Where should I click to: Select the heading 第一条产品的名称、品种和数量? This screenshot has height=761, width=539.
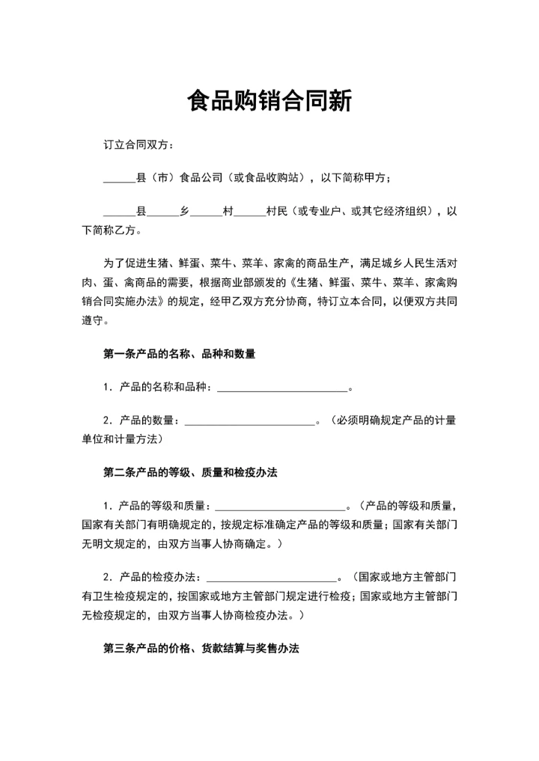(x=179, y=354)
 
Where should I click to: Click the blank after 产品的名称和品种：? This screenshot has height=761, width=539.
(x=282, y=389)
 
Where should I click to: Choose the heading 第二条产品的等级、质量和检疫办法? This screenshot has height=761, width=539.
(x=190, y=473)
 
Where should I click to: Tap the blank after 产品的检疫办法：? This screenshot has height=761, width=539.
(x=271, y=580)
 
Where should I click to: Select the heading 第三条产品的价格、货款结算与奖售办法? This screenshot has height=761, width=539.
(x=201, y=650)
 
